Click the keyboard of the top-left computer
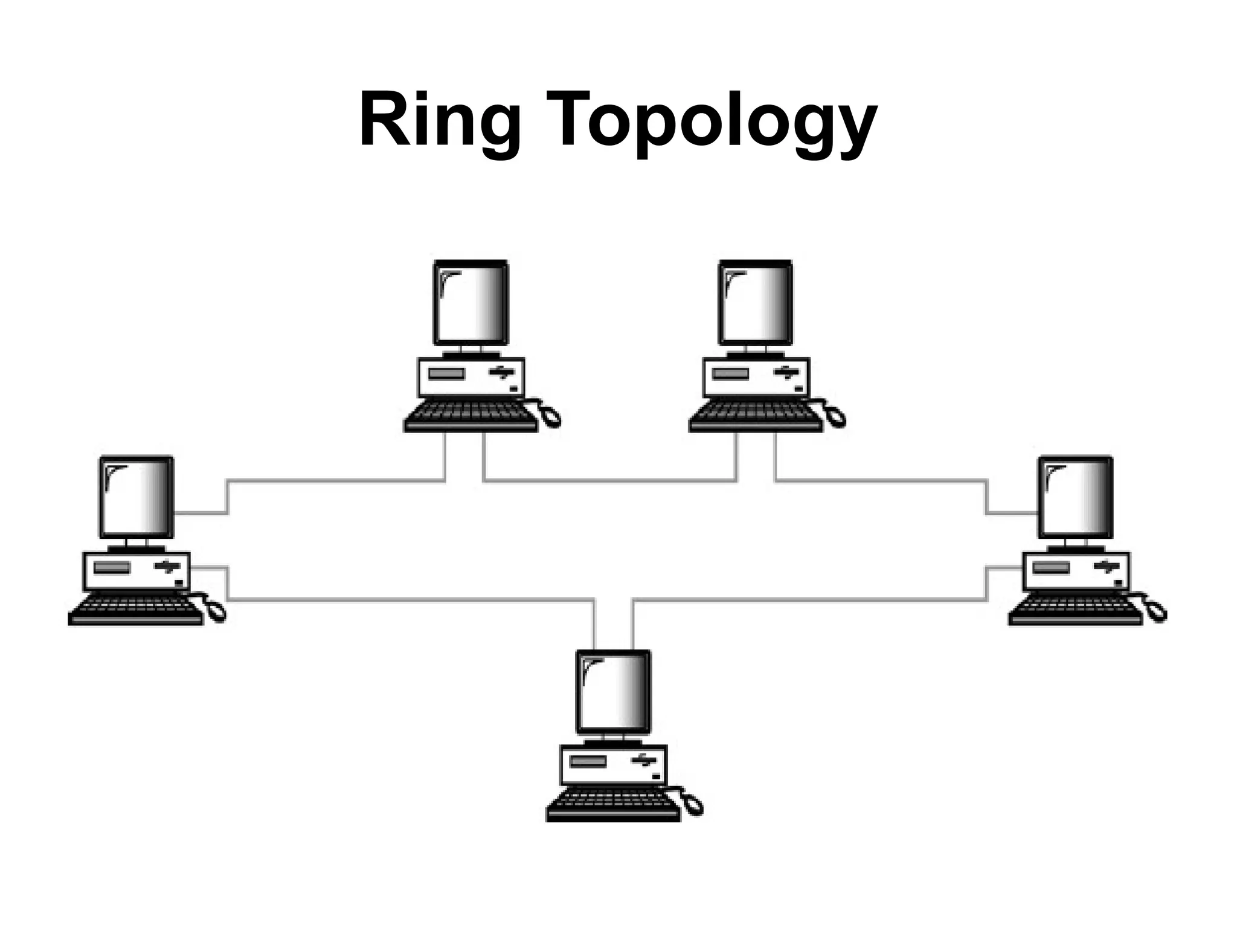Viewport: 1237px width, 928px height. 470,417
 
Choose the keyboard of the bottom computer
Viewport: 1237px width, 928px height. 612,807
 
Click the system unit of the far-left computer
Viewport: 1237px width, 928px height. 137,572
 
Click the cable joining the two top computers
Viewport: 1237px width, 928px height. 610,481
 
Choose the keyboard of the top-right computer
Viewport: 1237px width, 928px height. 755,417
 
